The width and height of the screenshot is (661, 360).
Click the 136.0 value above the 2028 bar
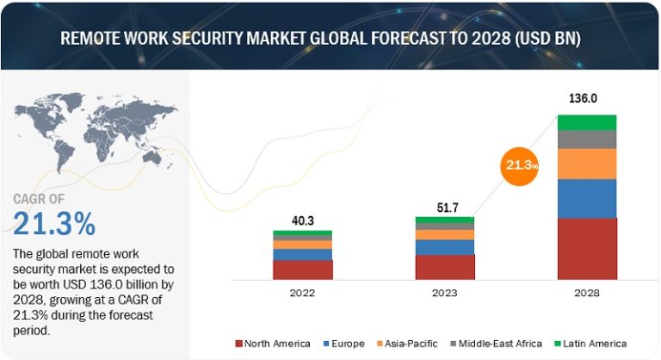pos(588,99)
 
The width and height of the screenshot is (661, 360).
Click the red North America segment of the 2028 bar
pos(588,249)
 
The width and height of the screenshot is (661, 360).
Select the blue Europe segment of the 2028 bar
pos(588,198)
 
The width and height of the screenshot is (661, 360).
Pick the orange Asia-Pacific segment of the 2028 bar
pos(588,164)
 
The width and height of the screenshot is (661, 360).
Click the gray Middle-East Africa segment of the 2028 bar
pos(588,139)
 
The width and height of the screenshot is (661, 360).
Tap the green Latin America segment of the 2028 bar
pos(588,121)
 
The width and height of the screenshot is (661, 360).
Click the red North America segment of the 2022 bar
pos(302,270)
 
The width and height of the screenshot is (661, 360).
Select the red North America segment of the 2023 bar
pos(444,267)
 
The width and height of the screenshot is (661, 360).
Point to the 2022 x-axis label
pos(302,294)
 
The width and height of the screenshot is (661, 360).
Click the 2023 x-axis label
pos(444,294)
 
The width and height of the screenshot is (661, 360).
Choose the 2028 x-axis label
pos(588,294)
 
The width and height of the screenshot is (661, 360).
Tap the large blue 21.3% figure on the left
pos(54,224)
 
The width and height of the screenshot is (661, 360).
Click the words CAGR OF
pos(42,199)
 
